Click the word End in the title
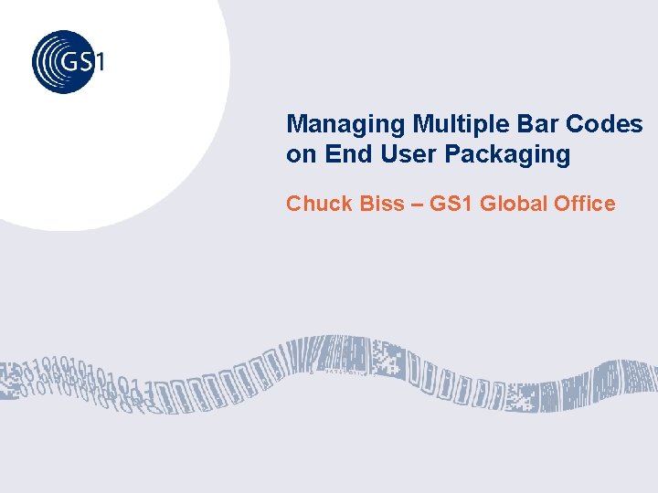[x=345, y=154]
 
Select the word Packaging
[x=507, y=155]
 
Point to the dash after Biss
[x=416, y=204]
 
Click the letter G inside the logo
[x=70, y=62]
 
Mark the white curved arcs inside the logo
[x=46, y=62]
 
